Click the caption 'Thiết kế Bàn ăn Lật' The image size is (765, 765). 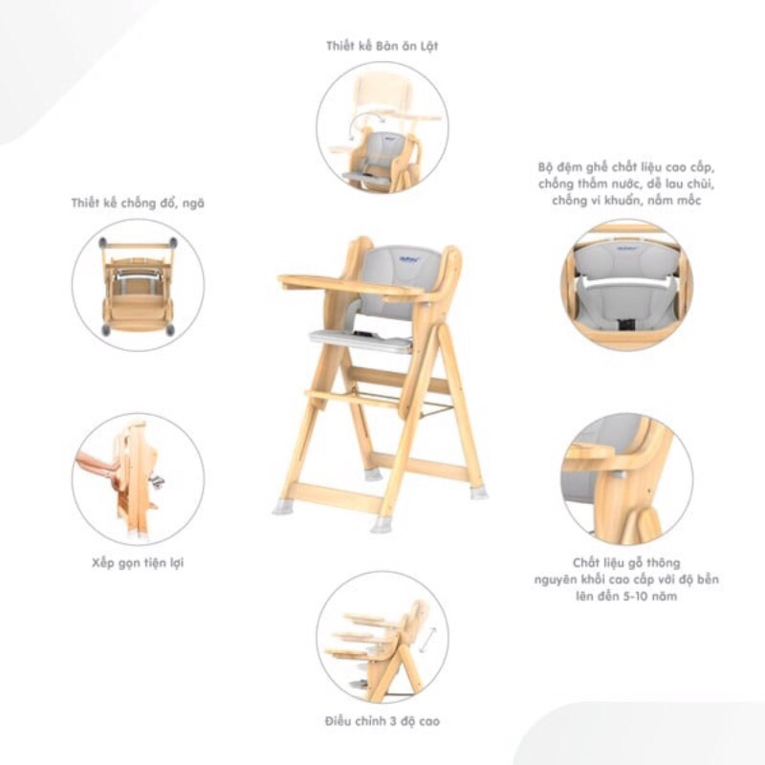(382, 45)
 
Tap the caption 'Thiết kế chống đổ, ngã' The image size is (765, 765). (138, 203)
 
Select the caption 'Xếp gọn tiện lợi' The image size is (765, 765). (138, 562)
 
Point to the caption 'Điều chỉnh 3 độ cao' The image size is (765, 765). (382, 720)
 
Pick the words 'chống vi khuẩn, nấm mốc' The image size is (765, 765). (626, 201)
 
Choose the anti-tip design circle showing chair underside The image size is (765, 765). (138, 284)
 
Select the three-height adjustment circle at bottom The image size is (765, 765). (382, 637)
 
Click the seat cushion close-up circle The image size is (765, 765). (626, 284)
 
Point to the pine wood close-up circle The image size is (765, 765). (626, 478)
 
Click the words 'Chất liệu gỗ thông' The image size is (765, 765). (626, 562)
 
